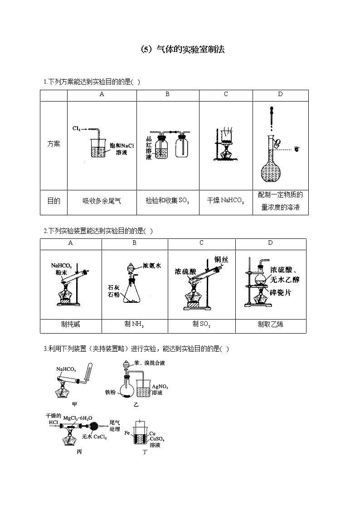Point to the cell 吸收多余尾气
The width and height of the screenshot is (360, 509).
click(x=102, y=200)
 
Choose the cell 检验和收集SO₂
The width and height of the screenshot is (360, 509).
click(x=167, y=200)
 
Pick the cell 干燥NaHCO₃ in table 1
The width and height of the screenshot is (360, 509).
click(x=225, y=200)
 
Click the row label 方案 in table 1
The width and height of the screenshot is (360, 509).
click(x=54, y=144)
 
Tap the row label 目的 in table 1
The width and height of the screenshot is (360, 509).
click(x=54, y=200)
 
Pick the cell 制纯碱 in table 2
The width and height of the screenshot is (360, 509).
click(x=70, y=324)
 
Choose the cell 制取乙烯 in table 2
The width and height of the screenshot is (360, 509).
click(x=270, y=324)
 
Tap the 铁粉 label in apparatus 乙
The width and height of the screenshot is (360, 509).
click(x=111, y=392)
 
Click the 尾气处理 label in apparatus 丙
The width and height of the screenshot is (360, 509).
click(x=115, y=425)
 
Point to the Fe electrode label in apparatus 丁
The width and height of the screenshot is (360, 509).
click(x=127, y=433)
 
